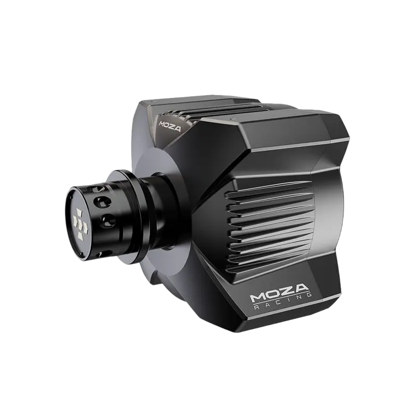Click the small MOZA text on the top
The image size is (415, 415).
click(170, 126)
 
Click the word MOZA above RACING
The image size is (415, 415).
click(280, 293)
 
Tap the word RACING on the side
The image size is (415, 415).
click(282, 302)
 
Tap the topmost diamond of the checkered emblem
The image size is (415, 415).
click(79, 212)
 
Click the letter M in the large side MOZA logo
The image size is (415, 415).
click(257, 297)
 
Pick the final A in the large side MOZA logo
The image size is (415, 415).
click(302, 288)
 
